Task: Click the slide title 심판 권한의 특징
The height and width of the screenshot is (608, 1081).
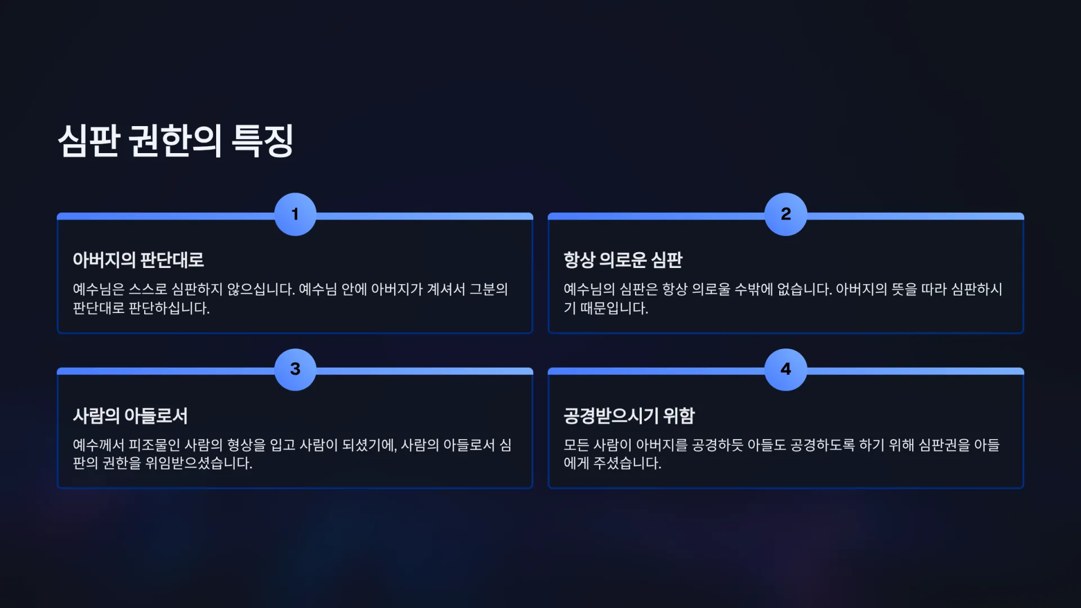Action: [175, 141]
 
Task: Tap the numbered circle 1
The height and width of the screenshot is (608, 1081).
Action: [295, 214]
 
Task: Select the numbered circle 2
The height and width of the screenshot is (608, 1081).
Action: [785, 214]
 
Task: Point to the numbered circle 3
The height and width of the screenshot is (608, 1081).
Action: [295, 369]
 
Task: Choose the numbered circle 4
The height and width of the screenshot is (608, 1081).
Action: [785, 369]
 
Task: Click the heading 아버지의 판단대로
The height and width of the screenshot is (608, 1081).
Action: [138, 260]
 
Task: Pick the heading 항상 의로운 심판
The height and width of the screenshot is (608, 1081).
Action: [623, 260]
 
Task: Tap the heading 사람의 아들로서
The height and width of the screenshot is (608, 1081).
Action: [130, 416]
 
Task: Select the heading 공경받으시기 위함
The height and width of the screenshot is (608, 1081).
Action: [629, 416]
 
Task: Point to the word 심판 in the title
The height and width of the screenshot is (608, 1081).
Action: [88, 141]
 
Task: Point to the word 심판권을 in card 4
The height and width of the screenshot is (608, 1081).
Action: [944, 445]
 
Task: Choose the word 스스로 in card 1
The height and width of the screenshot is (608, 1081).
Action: [148, 289]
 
